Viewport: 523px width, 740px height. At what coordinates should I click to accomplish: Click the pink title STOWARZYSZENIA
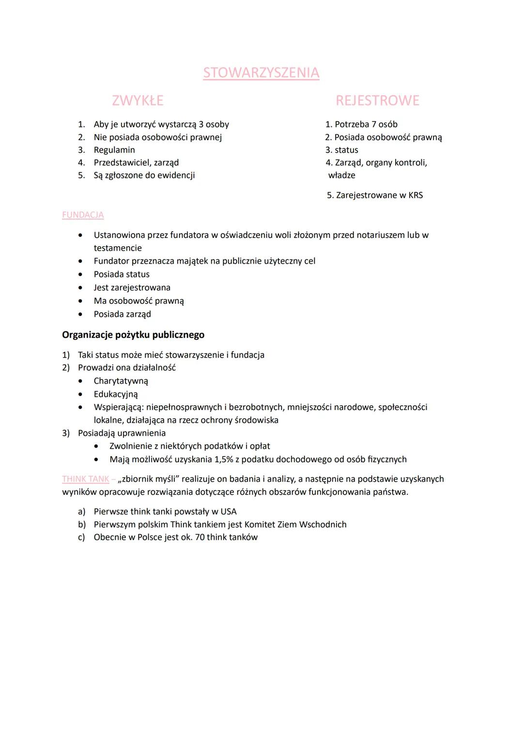coord(261,73)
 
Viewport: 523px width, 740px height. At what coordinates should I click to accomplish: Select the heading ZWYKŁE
coord(138,101)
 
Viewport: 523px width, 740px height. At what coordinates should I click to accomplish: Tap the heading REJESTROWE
coord(377,101)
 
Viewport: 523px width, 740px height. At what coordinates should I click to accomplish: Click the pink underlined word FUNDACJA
coord(83,215)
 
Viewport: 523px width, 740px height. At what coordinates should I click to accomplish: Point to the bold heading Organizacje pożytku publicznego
coord(133,335)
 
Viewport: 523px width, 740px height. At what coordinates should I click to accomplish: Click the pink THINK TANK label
coord(86,479)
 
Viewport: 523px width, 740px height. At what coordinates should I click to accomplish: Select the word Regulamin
coord(114,150)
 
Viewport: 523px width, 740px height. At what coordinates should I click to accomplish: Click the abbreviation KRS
coord(415,195)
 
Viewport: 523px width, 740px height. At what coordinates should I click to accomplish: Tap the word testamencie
coord(118,248)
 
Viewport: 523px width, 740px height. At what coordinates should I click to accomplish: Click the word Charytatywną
coord(121,381)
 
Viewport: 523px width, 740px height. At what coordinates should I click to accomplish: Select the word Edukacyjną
coord(116,394)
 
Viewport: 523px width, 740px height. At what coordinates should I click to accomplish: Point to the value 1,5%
coord(224,459)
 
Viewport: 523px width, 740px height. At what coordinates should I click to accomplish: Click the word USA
coord(229,512)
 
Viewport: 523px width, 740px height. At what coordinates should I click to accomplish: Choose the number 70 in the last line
coord(200,537)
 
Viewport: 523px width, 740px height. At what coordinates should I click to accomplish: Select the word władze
coord(341,175)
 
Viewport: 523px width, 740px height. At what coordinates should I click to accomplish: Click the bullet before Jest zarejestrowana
coord(80,288)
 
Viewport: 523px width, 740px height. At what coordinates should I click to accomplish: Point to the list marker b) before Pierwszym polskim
coord(82,525)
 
